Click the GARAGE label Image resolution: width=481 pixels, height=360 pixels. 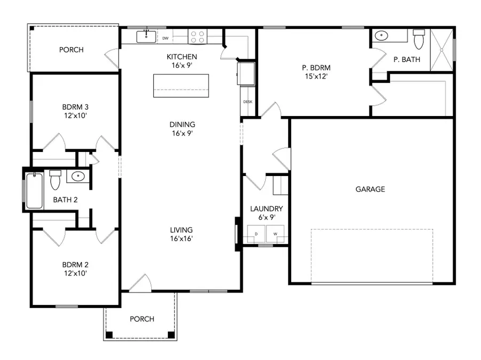tap(370, 189)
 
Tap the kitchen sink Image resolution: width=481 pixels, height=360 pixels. tap(146, 36)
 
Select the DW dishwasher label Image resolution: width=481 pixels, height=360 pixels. tap(166, 38)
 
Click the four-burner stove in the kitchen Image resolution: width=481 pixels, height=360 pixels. tap(197, 36)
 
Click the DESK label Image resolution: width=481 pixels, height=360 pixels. tap(247, 102)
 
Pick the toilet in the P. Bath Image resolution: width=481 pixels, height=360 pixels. tap(418, 39)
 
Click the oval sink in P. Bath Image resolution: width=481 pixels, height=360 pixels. tap(382, 36)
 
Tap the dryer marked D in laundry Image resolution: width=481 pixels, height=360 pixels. tap(255, 234)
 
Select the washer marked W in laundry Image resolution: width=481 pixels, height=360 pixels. tap(276, 234)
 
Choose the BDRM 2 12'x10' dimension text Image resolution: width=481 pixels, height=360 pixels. tap(75, 273)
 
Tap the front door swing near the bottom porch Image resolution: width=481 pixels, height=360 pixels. tap(140, 284)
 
